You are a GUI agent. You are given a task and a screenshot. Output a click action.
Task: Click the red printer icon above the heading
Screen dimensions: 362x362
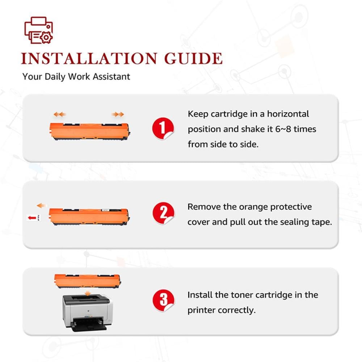click(x=39, y=30)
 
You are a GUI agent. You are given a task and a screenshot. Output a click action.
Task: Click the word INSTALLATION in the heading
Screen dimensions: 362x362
click(x=89, y=58)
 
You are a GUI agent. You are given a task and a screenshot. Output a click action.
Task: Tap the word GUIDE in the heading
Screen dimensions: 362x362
click(x=193, y=58)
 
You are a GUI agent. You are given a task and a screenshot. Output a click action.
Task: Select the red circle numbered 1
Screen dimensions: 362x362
click(x=163, y=129)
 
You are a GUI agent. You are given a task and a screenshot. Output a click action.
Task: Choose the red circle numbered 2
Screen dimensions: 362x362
click(x=163, y=213)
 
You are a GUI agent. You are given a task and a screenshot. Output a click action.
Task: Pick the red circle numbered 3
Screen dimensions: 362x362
click(x=163, y=300)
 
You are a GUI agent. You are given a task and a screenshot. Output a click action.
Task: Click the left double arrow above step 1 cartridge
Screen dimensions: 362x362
click(x=60, y=114)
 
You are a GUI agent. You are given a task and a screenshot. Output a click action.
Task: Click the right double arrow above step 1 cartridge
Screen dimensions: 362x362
click(x=118, y=114)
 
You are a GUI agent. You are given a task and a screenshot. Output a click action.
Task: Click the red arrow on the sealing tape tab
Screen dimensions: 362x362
click(x=32, y=218)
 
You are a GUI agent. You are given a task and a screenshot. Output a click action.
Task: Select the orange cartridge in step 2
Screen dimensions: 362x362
click(x=89, y=216)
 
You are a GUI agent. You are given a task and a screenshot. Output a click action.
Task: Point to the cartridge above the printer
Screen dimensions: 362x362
click(x=88, y=281)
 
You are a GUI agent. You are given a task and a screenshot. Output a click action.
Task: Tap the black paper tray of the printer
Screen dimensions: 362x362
click(x=89, y=324)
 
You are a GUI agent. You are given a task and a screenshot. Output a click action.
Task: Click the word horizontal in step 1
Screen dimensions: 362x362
click(x=288, y=114)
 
